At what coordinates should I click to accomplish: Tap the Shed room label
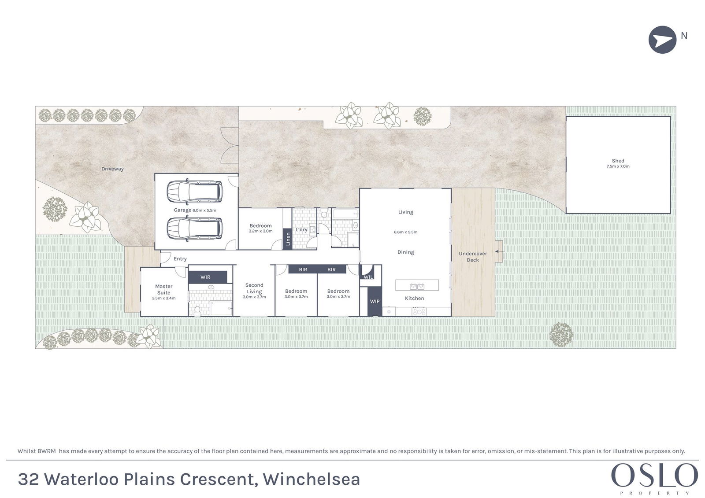click(x=618, y=161)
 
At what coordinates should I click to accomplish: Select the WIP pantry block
click(x=375, y=301)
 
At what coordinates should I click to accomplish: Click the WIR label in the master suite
click(x=205, y=277)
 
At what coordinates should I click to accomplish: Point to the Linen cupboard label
click(x=288, y=239)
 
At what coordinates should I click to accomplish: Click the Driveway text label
click(x=112, y=169)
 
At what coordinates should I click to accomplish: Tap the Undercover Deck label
click(x=473, y=257)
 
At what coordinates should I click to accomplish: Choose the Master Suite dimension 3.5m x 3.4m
click(x=163, y=298)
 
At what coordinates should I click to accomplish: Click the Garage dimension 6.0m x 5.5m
click(x=204, y=210)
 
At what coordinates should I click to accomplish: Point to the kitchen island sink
click(x=417, y=286)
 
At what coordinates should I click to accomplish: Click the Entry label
click(x=180, y=259)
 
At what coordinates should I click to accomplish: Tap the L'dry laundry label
click(x=301, y=230)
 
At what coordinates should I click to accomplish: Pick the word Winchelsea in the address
click(x=312, y=479)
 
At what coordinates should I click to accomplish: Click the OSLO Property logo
click(x=654, y=478)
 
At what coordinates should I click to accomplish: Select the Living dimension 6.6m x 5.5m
click(x=405, y=232)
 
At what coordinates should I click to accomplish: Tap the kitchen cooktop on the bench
click(x=419, y=312)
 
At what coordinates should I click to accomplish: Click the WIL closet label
click(x=368, y=277)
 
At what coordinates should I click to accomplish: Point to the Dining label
click(x=405, y=252)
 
